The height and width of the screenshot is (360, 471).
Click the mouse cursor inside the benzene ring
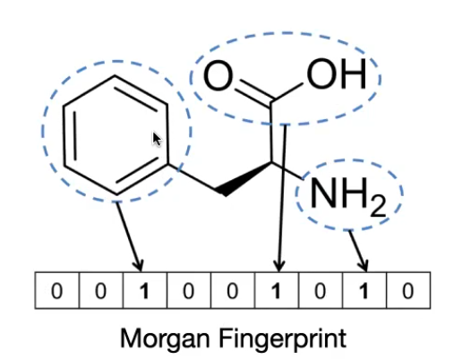[157, 140]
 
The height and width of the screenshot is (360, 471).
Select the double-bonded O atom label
[218, 75]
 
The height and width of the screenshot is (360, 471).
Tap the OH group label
[337, 73]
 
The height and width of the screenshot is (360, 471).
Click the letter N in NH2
[323, 193]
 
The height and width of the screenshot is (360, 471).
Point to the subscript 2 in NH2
[378, 206]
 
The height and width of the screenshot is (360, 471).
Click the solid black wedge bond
[244, 179]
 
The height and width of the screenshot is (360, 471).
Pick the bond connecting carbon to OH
[288, 90]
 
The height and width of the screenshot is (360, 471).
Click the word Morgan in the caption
[165, 339]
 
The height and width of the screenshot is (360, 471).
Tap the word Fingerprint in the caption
[283, 339]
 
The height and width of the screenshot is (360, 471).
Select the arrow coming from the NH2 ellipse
[357, 252]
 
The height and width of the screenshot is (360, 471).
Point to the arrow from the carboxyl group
[282, 198]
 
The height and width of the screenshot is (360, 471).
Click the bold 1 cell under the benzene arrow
[145, 290]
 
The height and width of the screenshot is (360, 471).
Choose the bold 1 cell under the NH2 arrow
[364, 290]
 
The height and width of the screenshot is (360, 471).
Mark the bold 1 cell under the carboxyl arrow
[277, 290]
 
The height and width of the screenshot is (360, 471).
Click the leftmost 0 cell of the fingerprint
[57, 290]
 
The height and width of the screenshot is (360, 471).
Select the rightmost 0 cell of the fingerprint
[408, 290]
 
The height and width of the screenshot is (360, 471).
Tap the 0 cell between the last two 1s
[321, 290]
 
